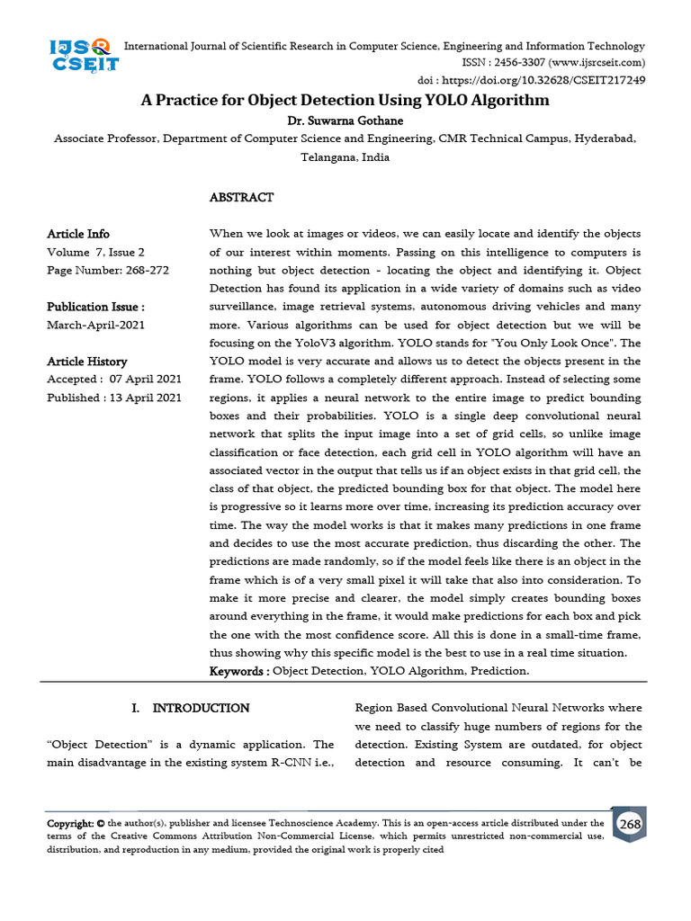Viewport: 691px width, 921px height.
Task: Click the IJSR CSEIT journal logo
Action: [x=84, y=56]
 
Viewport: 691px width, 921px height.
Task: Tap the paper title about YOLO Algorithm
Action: [x=345, y=100]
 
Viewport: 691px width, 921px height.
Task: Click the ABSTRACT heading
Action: [x=241, y=197]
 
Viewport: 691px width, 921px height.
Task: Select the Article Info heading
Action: [x=78, y=234]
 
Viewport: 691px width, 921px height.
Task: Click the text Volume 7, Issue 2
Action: [x=95, y=253]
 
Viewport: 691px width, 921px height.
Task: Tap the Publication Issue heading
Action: [x=95, y=307]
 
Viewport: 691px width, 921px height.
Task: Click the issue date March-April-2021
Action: [x=95, y=325]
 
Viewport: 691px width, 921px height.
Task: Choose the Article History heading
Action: [x=87, y=362]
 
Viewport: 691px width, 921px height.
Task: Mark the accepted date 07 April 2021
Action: [x=146, y=380]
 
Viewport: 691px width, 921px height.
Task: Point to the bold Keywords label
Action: [x=238, y=671]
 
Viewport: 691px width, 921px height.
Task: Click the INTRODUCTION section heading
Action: [x=201, y=709]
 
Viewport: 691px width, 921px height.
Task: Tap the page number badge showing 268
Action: [x=629, y=825]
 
